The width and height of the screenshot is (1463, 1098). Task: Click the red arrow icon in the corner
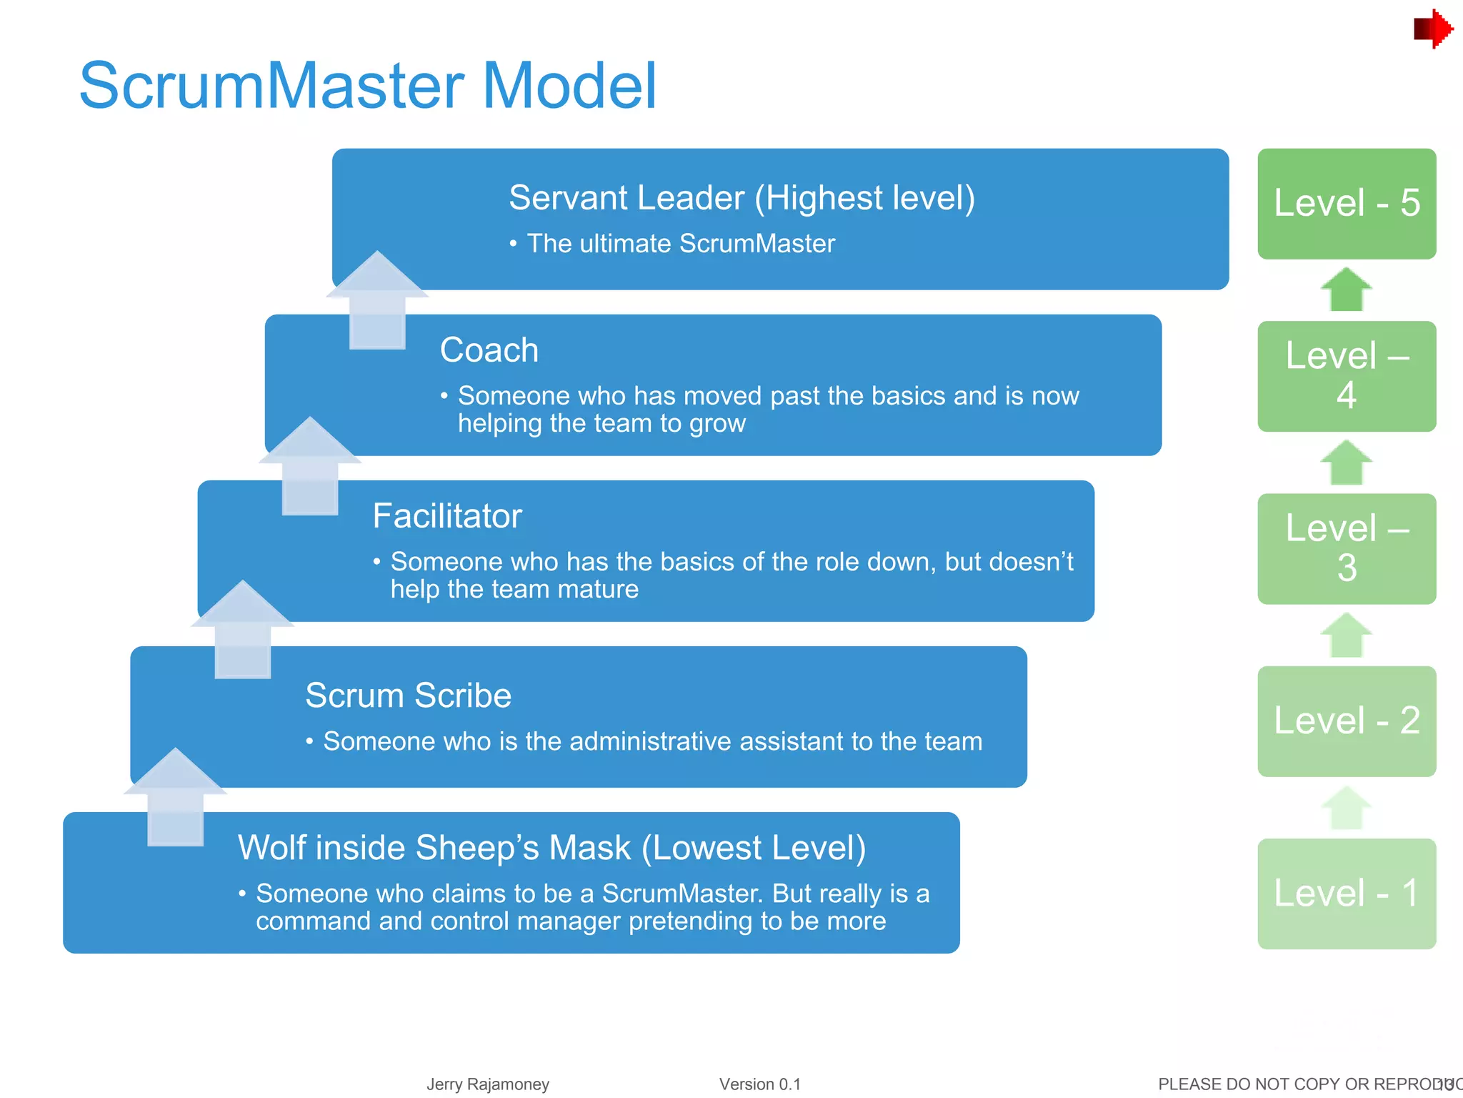click(x=1432, y=29)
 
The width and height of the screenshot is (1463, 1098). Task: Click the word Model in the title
click(x=569, y=86)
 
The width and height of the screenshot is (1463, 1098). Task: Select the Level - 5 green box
click(x=1346, y=203)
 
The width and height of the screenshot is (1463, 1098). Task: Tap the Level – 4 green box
click(x=1346, y=376)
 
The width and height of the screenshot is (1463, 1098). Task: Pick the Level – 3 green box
click(x=1346, y=548)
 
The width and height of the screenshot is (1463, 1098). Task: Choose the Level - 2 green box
click(x=1346, y=721)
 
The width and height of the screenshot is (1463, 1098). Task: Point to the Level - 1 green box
click(x=1346, y=894)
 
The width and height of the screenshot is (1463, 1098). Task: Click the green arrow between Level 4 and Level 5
click(x=1346, y=290)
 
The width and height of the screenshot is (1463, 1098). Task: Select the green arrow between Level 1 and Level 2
click(x=1346, y=808)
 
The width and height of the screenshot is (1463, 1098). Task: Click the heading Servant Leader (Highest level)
click(x=742, y=198)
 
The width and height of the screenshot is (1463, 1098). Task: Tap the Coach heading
click(x=489, y=350)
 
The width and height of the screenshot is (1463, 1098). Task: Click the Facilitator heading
click(x=447, y=516)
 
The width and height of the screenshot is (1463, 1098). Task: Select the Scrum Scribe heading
click(x=408, y=696)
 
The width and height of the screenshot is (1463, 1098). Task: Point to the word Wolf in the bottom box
click(x=271, y=848)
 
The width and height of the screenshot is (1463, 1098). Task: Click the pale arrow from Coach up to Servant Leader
click(x=377, y=300)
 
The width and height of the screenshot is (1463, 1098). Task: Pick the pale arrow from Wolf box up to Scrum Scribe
click(x=176, y=797)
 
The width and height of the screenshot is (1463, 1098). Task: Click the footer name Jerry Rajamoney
click(x=488, y=1084)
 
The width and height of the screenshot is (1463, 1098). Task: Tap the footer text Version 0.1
click(x=759, y=1084)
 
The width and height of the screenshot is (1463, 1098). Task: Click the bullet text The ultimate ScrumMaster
click(x=681, y=244)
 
